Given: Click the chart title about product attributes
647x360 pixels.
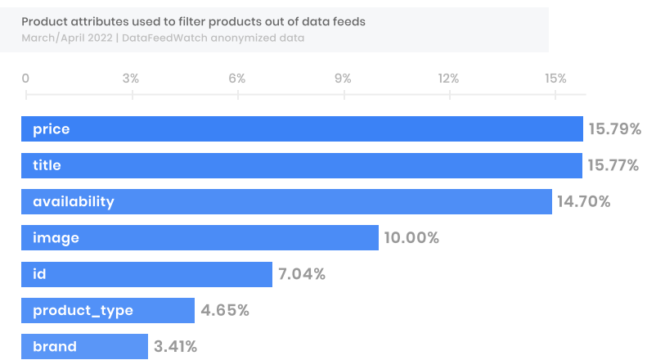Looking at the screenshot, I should point(194,21).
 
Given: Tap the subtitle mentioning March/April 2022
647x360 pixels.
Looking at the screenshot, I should point(163,38).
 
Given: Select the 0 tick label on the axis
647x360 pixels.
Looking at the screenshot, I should point(25,79).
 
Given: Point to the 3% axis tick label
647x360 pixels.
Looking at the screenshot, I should point(130,79).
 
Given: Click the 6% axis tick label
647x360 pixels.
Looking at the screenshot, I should point(237,79).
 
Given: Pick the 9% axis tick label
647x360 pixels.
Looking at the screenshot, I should point(343,79).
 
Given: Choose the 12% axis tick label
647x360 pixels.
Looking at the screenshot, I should point(448,79).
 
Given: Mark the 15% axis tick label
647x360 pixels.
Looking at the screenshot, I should point(555,79).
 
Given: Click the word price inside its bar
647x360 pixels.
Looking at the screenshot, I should point(52,129).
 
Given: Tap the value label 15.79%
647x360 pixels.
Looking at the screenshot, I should point(613,129).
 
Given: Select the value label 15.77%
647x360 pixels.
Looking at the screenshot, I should point(613,165).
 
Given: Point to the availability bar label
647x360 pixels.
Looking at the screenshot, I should point(74,201).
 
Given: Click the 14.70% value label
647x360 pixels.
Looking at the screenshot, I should point(584,201).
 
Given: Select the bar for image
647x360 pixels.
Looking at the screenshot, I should point(200,238).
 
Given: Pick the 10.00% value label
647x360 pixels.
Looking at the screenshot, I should point(411,238).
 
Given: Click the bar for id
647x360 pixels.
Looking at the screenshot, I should point(146,274).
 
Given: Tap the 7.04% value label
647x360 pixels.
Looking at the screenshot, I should point(302,274).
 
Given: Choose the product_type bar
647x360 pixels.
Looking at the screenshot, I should point(108,310).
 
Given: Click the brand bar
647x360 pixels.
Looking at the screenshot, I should point(84,346).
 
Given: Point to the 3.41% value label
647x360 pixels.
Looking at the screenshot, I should point(175,346).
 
